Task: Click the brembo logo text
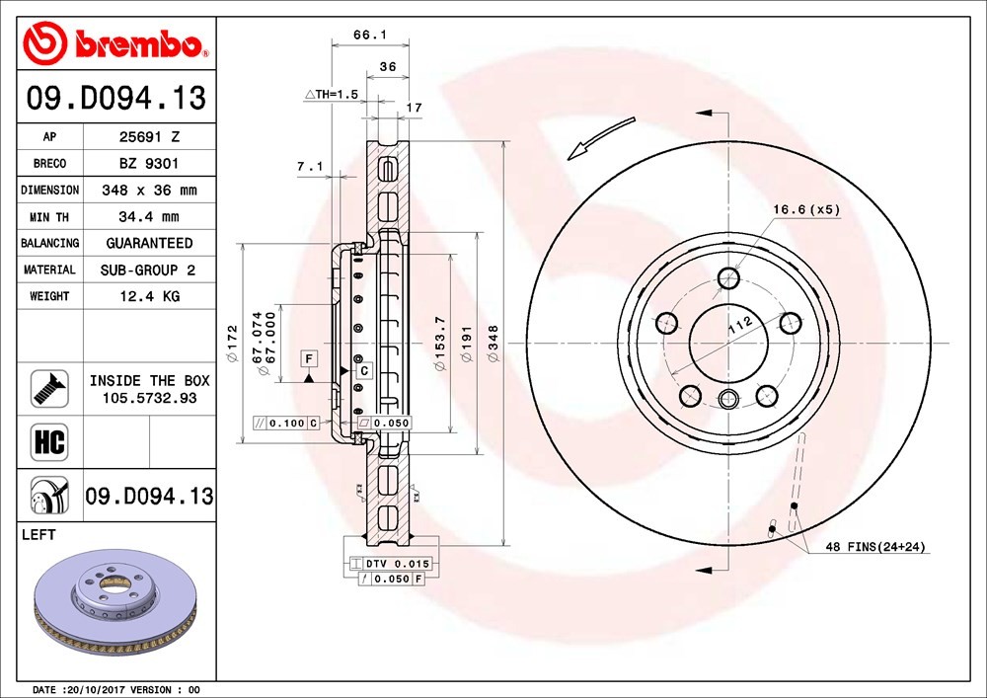[138, 43]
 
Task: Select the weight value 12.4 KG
[150, 296]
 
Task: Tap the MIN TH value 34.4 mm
[149, 217]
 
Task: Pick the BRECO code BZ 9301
[149, 164]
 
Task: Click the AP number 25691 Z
[150, 136]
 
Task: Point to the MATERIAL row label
[49, 270]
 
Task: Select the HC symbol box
[49, 441]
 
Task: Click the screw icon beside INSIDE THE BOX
[49, 389]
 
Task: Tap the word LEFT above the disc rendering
[38, 534]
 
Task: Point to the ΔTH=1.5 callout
[332, 95]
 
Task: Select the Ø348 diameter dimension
[493, 344]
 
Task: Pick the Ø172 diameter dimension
[232, 344]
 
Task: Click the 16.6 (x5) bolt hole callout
[806, 209]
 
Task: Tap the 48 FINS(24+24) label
[875, 547]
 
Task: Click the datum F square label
[308, 358]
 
